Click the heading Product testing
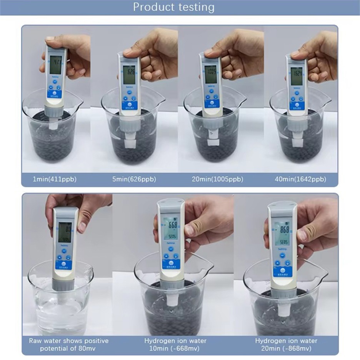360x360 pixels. tap(174, 7)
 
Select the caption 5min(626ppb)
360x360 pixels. tap(133, 179)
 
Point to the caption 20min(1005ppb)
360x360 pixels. tap(218, 179)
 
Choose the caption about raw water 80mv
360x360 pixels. tap(69, 345)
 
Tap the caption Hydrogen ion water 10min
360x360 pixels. tap(175, 345)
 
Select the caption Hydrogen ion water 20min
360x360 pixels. tap(286, 345)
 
